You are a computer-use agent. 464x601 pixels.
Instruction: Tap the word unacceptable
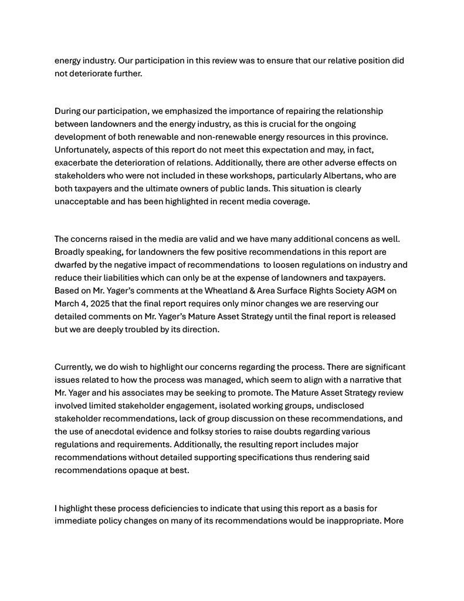click(81, 201)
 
